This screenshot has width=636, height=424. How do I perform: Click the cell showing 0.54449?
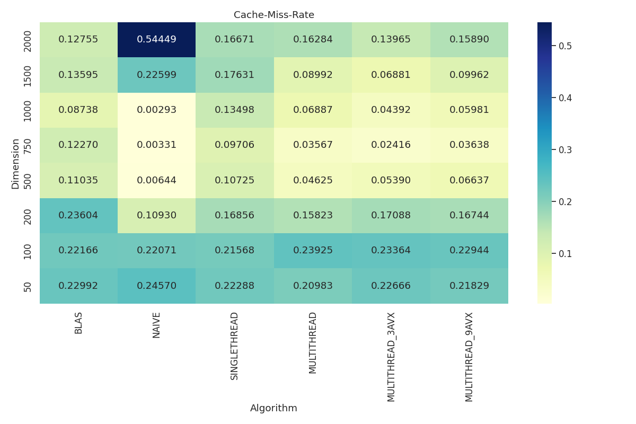tap(156, 40)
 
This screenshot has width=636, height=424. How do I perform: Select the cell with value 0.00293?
tap(156, 110)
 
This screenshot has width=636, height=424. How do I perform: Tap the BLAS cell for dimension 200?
tap(78, 216)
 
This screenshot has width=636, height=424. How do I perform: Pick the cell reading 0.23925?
tap(313, 251)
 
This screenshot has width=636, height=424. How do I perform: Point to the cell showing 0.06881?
tap(391, 75)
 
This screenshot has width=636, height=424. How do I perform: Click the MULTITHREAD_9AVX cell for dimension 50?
tap(469, 286)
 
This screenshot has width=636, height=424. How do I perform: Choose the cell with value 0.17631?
tap(235, 75)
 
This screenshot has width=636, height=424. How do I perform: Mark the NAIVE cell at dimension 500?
tap(156, 180)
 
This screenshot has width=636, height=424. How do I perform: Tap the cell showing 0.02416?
tap(391, 145)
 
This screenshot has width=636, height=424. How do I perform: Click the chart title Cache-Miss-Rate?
tap(274, 15)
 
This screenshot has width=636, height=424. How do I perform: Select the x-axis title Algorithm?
tap(273, 408)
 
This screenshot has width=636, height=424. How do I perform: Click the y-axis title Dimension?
tap(15, 163)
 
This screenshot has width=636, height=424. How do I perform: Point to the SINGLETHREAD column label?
tap(235, 346)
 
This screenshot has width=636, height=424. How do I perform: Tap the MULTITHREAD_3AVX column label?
tap(391, 357)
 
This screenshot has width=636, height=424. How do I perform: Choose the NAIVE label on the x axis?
tap(156, 325)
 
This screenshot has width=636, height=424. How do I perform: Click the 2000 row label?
tap(28, 40)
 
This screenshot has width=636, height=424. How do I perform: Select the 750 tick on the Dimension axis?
tap(28, 145)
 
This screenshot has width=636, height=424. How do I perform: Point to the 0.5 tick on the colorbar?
tap(565, 46)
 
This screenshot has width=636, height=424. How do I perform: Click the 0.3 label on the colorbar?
tap(565, 149)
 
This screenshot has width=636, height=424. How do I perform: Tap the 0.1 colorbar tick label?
tap(565, 253)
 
